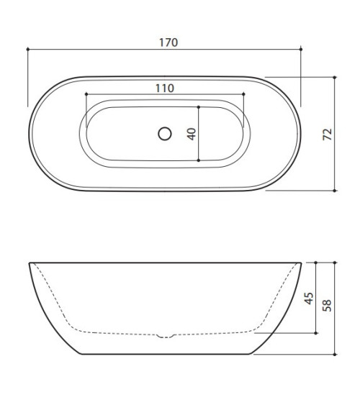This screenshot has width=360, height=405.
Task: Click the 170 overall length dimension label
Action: pos(167,42)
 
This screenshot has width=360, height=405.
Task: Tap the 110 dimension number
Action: pos(165,88)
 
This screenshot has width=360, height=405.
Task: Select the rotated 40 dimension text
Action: pos(192,133)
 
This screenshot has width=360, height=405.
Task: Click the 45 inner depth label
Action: pos(309,299)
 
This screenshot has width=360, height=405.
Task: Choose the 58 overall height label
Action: pos(328,305)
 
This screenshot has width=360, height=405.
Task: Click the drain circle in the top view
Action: pos(165,133)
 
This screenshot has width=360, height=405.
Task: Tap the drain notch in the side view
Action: pos(165,335)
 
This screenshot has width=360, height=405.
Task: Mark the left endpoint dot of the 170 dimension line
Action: pos(27,49)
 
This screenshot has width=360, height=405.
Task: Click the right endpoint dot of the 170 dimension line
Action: pos(302,49)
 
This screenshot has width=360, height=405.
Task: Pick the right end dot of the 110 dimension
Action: pos(245,94)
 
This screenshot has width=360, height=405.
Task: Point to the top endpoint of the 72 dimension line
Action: pos(336,76)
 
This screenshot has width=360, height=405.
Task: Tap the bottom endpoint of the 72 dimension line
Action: pos(336,191)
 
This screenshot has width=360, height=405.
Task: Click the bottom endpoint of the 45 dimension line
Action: pos(317,334)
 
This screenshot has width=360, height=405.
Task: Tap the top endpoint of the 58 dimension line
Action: pos(336,262)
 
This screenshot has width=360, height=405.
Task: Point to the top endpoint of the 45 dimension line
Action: pos(317,262)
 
